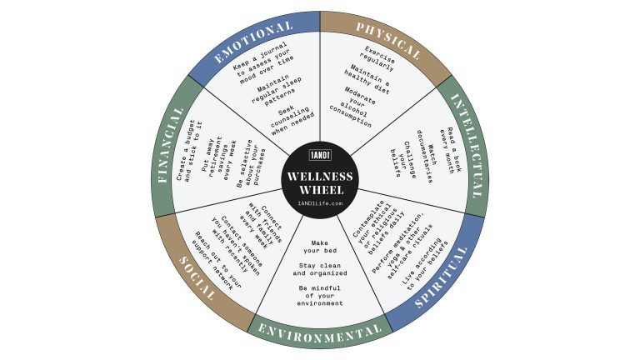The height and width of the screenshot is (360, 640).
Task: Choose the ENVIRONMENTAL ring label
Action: (x=320, y=333)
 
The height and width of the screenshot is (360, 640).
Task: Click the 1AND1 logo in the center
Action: (x=320, y=156)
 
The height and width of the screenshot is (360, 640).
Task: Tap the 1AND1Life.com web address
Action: (x=320, y=204)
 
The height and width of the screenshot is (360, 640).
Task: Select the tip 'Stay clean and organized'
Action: (x=320, y=268)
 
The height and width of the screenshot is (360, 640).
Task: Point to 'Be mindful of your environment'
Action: (x=320, y=295)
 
